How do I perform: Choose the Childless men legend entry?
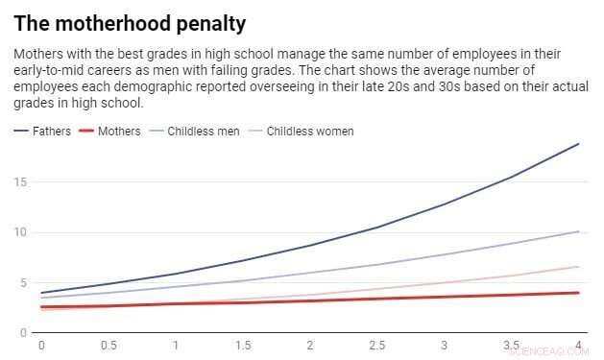[202, 131]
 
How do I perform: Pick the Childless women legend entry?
[309, 131]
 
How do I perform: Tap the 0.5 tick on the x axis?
[109, 345]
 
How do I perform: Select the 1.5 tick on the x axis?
[243, 345]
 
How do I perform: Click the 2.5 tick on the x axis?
[377, 345]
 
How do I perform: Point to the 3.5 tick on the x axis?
[512, 345]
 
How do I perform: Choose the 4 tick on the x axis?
[578, 345]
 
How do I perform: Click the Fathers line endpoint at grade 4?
[578, 144]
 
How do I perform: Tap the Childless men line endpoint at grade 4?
[578, 231]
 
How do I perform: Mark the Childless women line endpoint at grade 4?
[578, 267]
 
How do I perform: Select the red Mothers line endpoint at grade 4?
[578, 293]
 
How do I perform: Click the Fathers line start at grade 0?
[41, 293]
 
